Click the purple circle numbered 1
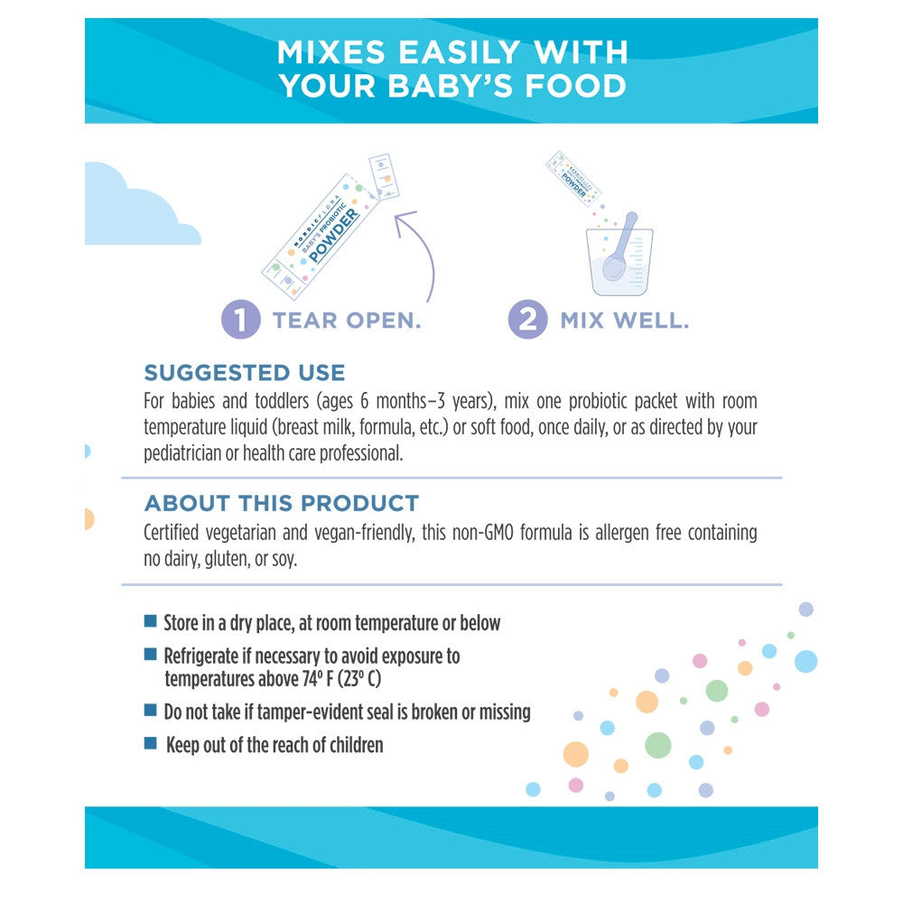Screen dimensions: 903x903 [x=241, y=319]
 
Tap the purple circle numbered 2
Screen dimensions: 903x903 [x=527, y=319]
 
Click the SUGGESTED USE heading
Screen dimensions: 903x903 [x=245, y=373]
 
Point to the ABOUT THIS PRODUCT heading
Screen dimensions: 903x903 [x=282, y=503]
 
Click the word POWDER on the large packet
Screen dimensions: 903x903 [x=334, y=235]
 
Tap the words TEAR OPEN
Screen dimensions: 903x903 [x=347, y=321]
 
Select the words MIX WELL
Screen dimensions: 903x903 [x=625, y=321]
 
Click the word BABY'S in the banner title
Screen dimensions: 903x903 [x=451, y=87]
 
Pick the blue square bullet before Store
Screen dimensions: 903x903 [x=150, y=621]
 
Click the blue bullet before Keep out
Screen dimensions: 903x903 [x=150, y=743]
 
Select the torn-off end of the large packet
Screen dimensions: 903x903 [x=384, y=176]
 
